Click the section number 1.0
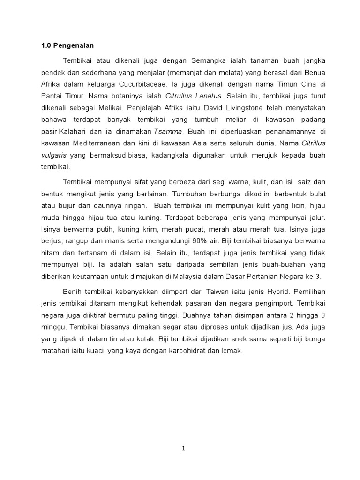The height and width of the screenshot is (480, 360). click(45, 45)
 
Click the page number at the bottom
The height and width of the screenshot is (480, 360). click(184, 449)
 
